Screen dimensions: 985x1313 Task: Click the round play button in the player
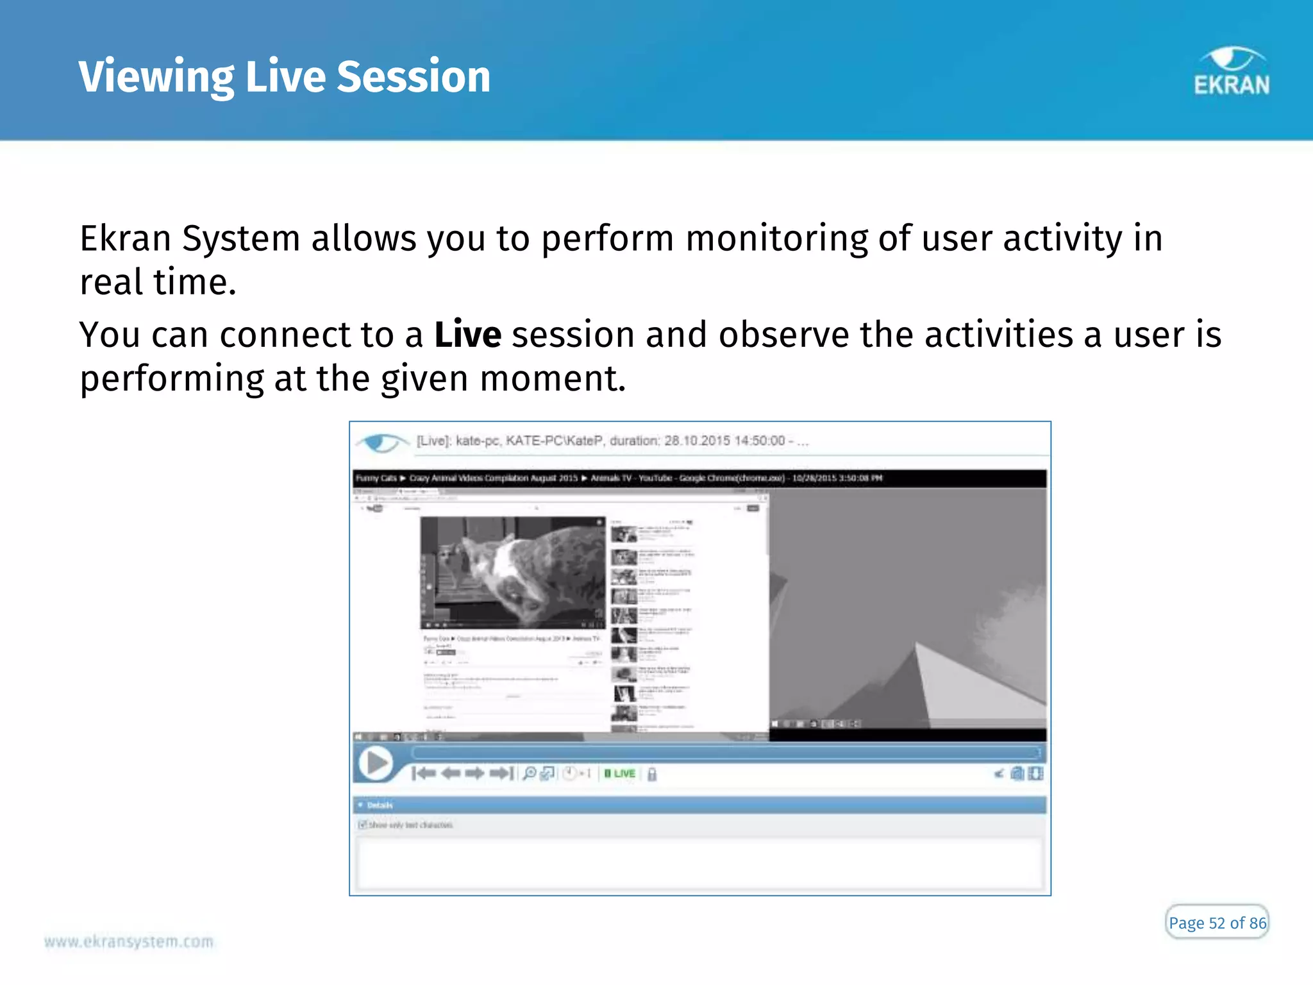point(376,764)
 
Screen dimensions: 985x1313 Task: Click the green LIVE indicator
point(620,774)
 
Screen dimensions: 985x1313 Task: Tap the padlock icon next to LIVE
point(652,775)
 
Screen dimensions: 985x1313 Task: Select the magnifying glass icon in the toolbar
point(529,773)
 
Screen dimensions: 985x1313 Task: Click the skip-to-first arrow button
point(424,773)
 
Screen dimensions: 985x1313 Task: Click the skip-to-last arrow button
point(502,773)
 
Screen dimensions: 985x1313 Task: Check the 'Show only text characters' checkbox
point(362,825)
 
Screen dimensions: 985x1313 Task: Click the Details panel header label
point(380,805)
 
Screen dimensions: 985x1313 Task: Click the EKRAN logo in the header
point(1231,72)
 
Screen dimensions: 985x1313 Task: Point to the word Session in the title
point(414,76)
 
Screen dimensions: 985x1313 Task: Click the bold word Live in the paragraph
point(467,335)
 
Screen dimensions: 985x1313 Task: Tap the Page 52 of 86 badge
point(1217,923)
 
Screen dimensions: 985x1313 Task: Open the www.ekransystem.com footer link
point(128,941)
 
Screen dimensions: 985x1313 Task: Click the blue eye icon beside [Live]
point(382,442)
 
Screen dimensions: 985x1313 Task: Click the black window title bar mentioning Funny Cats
point(699,478)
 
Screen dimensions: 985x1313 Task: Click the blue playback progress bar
point(724,752)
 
